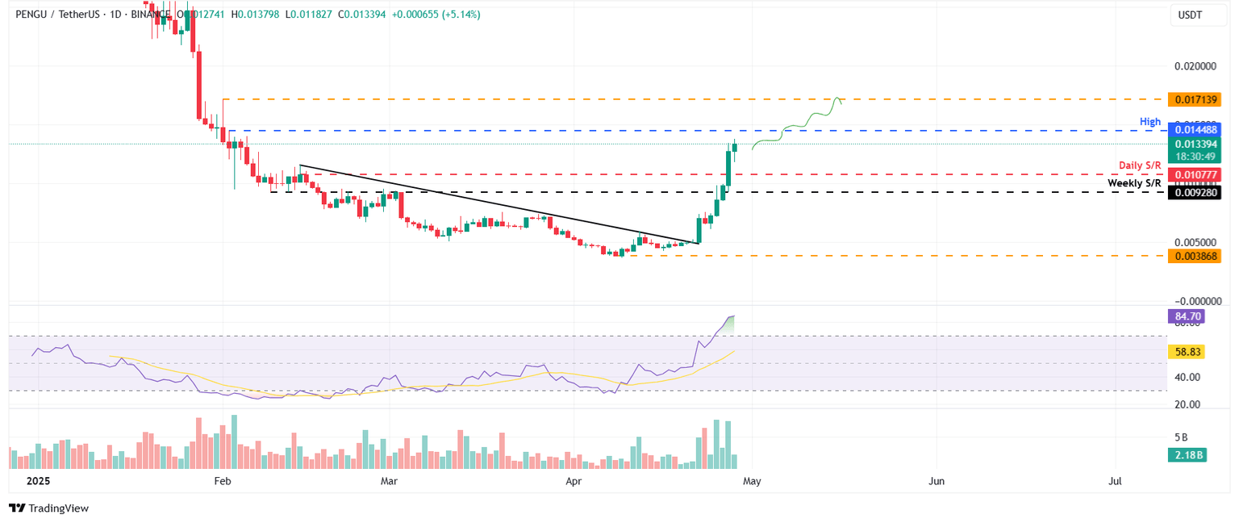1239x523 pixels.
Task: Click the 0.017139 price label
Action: click(x=1197, y=98)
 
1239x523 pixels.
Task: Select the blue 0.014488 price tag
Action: click(x=1197, y=130)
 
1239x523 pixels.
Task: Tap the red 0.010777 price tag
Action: click(x=1197, y=174)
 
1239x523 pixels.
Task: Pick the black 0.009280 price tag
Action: click(x=1197, y=192)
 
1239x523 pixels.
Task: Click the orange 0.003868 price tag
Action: click(x=1197, y=255)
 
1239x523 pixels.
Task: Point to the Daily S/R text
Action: click(x=1140, y=165)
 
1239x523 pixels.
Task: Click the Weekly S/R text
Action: click(x=1134, y=183)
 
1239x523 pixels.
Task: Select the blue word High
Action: click(x=1150, y=122)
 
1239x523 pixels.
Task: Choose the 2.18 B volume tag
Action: click(x=1186, y=455)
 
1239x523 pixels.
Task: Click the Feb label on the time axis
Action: click(x=223, y=481)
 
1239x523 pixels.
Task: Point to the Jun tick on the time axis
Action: click(x=937, y=481)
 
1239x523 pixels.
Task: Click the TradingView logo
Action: click(x=48, y=508)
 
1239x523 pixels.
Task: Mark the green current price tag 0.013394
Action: click(x=1197, y=144)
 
